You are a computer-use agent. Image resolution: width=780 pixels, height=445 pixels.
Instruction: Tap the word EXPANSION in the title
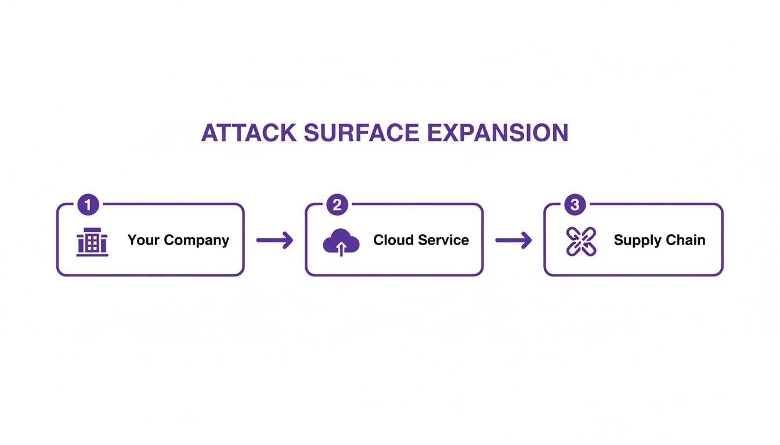497,133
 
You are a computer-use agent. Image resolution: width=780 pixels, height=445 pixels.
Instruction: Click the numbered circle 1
88,205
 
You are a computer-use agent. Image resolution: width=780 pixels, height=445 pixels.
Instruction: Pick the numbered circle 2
337,205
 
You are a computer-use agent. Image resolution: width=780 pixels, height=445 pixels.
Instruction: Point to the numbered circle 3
575,205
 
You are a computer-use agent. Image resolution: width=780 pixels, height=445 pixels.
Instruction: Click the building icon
92,242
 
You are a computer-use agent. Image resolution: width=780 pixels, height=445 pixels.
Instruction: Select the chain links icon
581,242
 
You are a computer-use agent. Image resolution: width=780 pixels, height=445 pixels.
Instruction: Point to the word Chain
687,240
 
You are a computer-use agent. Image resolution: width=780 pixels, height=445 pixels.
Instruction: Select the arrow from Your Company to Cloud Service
275,240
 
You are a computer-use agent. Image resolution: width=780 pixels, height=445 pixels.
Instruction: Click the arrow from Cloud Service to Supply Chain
513,240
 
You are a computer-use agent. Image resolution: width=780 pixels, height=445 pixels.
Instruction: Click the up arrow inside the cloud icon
341,249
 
